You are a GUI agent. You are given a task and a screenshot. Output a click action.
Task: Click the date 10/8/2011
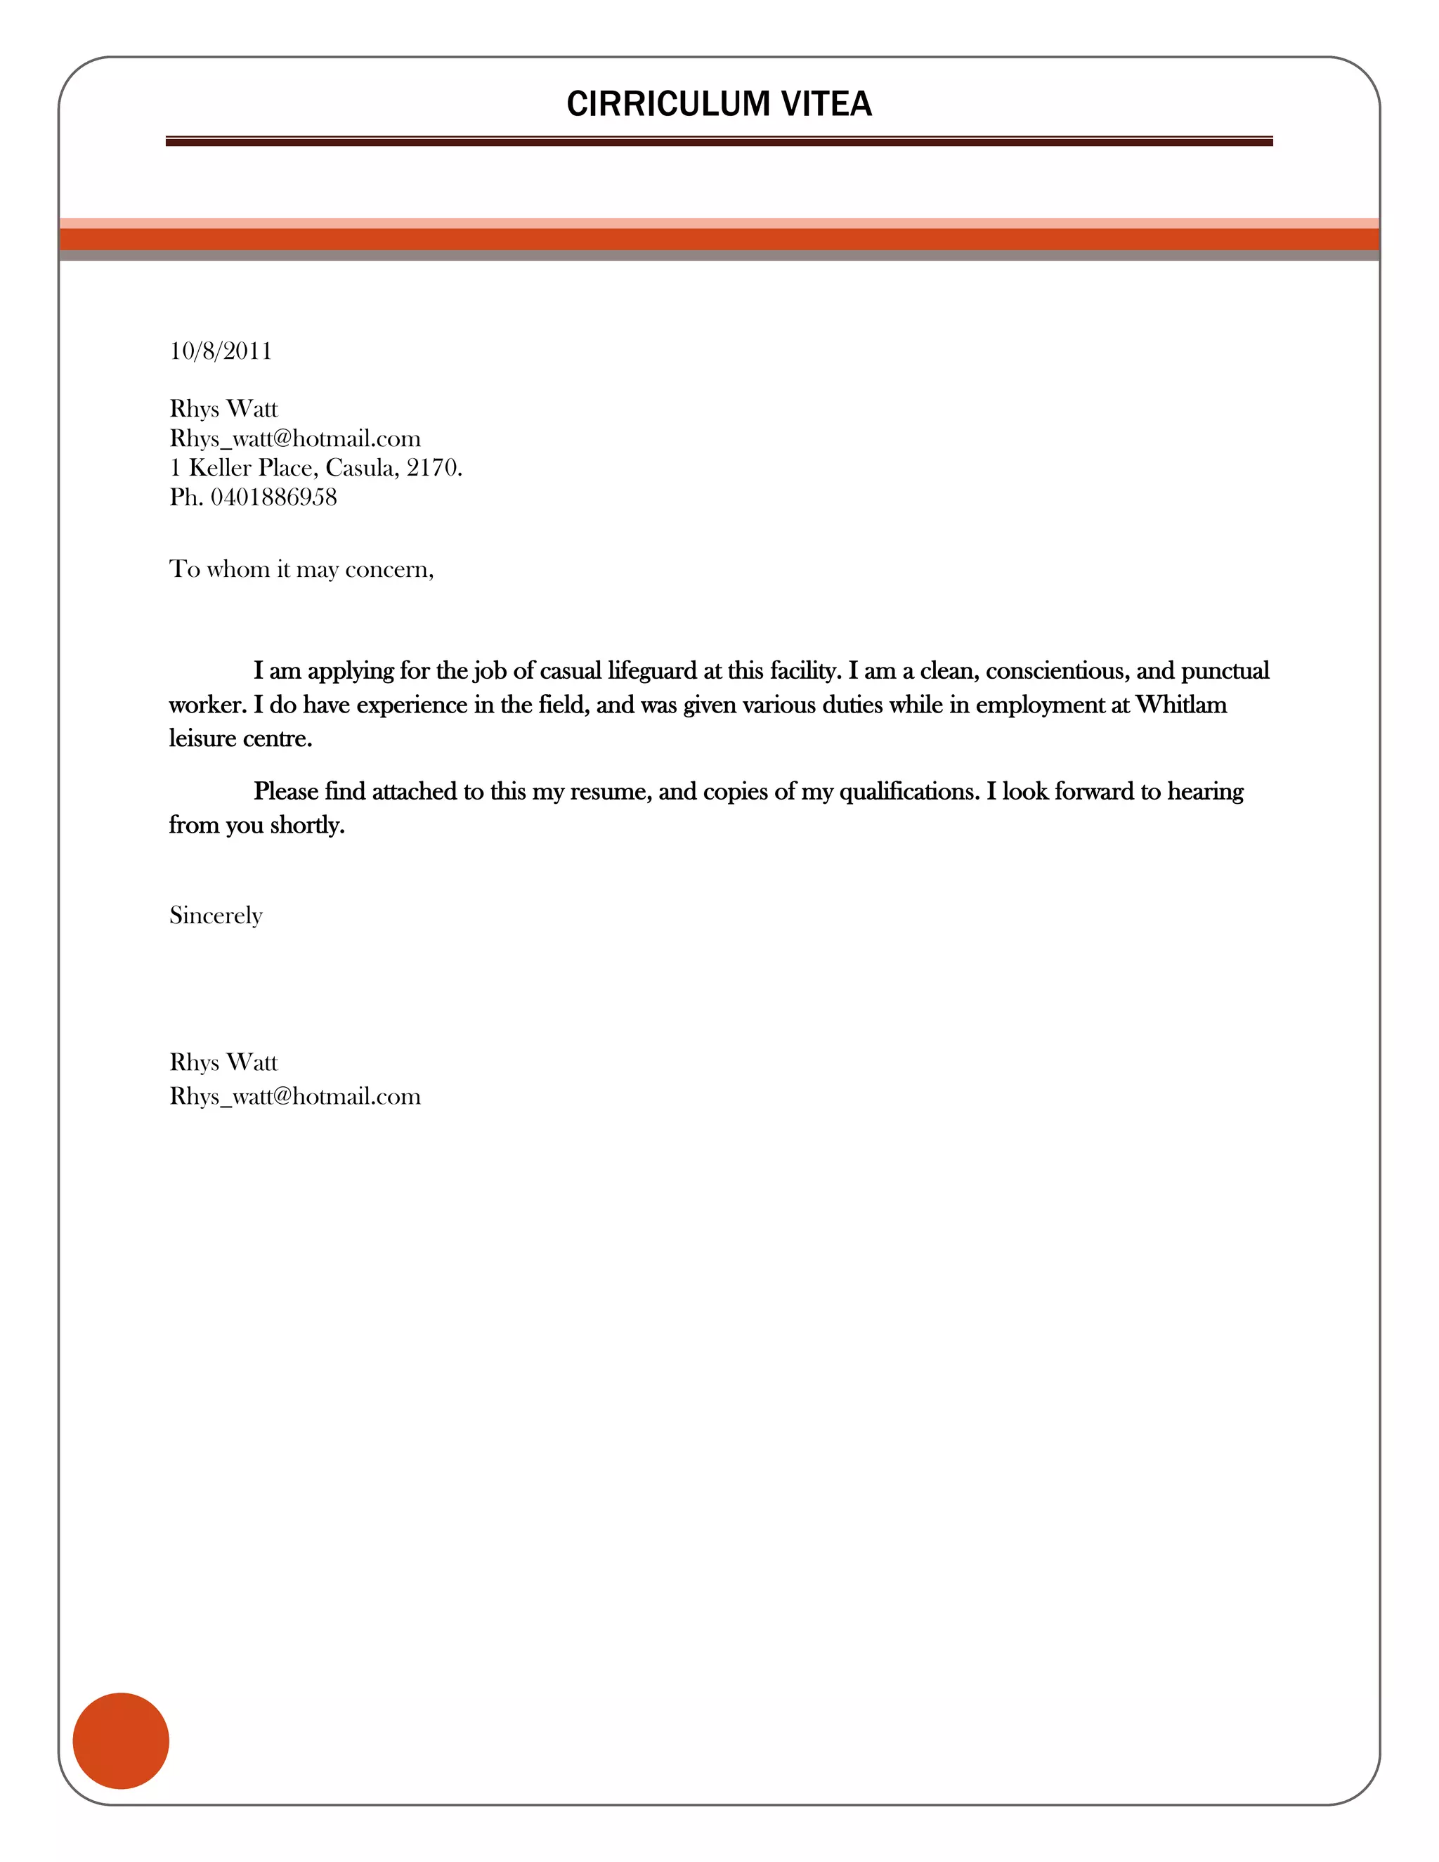tap(221, 351)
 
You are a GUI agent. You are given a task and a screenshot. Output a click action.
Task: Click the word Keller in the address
tap(219, 468)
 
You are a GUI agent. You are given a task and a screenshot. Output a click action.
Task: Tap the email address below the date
tap(295, 439)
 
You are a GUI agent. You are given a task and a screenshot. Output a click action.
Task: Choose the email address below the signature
tap(295, 1096)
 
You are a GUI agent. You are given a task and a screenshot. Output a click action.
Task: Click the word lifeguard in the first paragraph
tap(652, 671)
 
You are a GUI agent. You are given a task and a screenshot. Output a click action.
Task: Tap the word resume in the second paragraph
tap(611, 792)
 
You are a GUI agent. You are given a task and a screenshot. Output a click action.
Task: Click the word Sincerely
tap(216, 916)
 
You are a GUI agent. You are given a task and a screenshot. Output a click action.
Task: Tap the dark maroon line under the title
tap(719, 143)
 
